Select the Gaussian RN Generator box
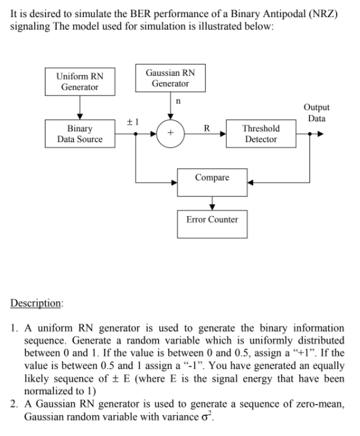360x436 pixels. pos(171,78)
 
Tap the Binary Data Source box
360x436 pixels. pos(80,133)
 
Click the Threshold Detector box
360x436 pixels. pos(261,133)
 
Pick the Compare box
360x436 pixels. pos(212,178)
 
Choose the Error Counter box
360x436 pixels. pos(212,219)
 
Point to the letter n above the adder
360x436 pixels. pos(179,101)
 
